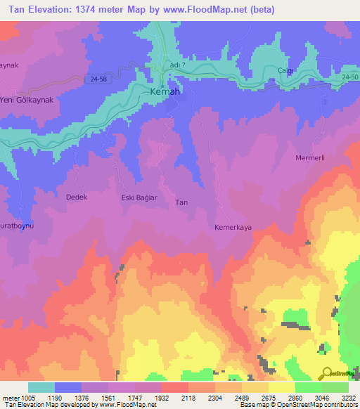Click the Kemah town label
point(166,92)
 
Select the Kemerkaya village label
point(233,228)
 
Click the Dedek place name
point(76,197)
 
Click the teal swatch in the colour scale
point(41,387)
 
